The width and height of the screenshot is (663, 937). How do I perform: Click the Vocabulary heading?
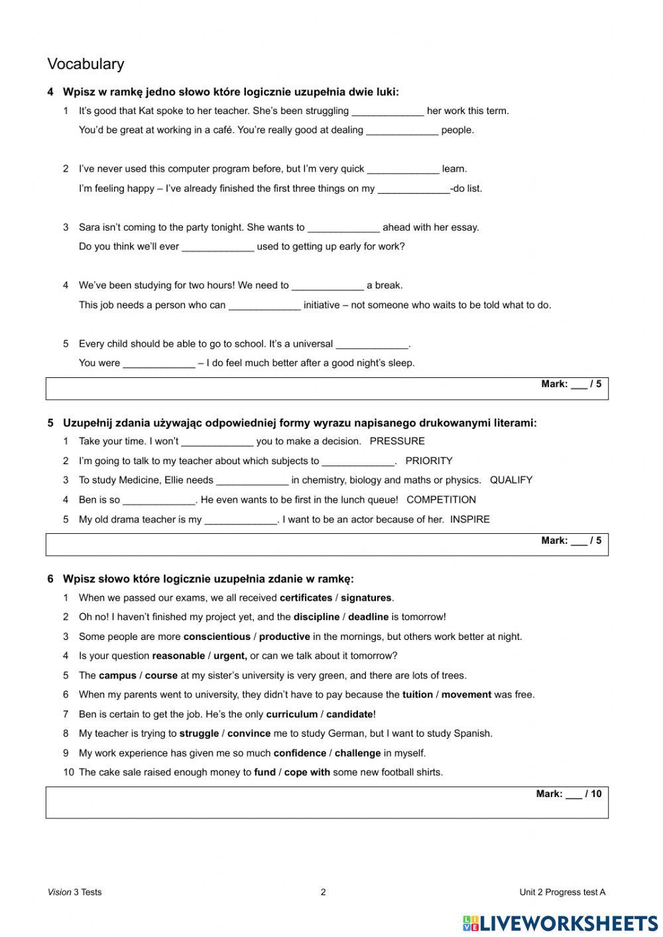86,64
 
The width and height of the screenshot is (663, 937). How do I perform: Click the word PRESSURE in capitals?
397,442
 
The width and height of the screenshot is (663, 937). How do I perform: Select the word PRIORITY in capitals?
428,461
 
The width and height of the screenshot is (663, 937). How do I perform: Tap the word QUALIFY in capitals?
511,480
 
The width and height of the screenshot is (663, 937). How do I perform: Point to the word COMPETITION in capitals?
441,500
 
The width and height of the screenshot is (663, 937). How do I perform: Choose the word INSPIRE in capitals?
469,520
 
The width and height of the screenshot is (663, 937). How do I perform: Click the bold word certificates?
306,598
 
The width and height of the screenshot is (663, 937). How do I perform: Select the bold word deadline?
368,617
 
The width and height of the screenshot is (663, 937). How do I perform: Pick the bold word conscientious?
217,637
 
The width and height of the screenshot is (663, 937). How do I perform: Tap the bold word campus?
117,676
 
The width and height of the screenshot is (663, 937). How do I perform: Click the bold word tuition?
417,695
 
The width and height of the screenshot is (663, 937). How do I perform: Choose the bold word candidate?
349,715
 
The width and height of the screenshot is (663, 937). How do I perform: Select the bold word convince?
249,734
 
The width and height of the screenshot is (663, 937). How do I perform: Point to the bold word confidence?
300,753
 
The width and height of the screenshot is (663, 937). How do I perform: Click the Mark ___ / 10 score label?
568,794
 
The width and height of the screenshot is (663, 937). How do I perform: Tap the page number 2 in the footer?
324,893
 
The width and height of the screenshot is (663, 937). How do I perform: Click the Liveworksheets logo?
560,922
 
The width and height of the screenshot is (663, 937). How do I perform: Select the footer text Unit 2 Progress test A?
562,893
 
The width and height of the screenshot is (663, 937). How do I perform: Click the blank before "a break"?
328,286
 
